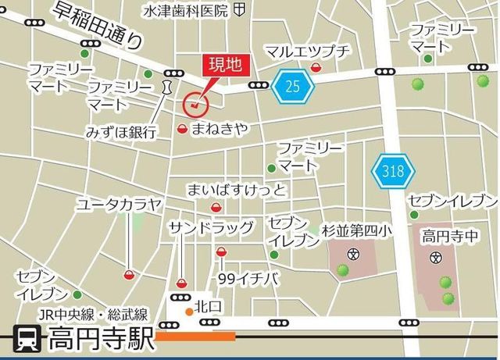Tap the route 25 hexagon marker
coord(292,86)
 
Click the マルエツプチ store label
coord(308,51)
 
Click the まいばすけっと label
coord(237,191)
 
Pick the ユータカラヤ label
coord(119,205)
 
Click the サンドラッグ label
coord(211,227)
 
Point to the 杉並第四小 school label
coord(356,231)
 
